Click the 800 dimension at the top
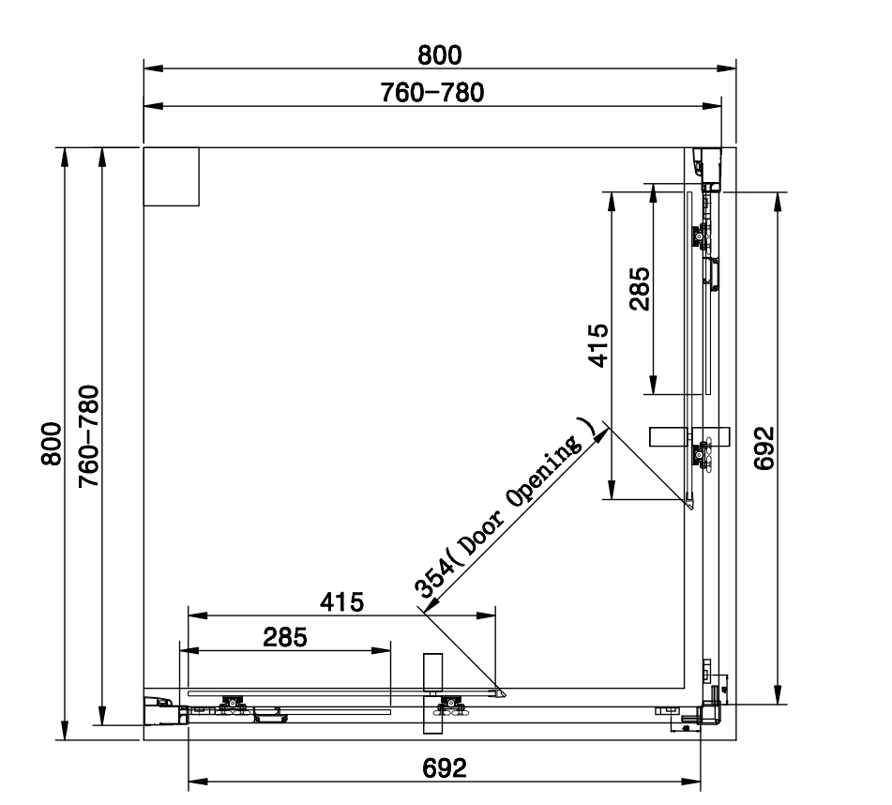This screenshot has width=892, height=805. [439, 55]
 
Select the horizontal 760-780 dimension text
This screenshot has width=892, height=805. [439, 93]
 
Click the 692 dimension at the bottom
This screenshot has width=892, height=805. [444, 768]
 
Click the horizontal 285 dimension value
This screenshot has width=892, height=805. [285, 638]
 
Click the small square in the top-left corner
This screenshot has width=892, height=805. [171, 176]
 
